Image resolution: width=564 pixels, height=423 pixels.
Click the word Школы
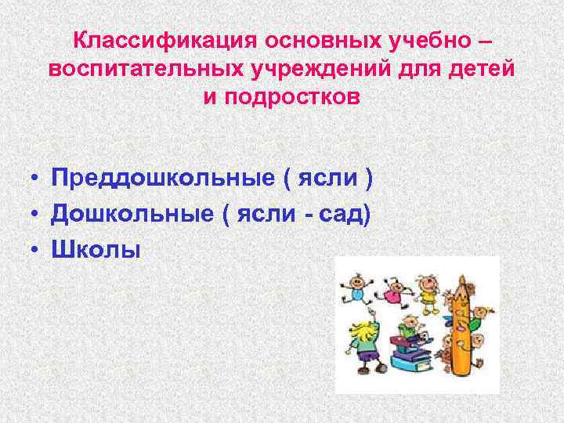(x=96, y=248)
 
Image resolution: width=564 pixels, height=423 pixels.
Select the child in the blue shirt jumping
(x=355, y=291)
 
